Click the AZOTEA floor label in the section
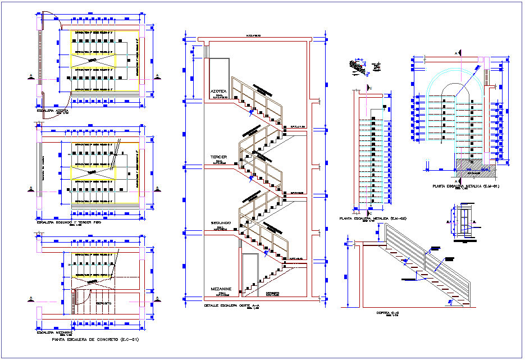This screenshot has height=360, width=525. click(x=219, y=90)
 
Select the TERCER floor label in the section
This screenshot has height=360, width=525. click(x=219, y=157)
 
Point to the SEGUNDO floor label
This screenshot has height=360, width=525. click(x=221, y=224)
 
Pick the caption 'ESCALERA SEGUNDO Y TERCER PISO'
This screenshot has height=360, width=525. click(x=69, y=223)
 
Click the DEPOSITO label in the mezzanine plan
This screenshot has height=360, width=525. click(x=103, y=303)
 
